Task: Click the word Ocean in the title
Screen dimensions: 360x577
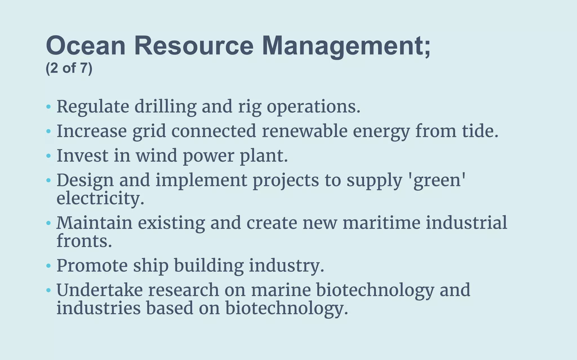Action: coord(86,46)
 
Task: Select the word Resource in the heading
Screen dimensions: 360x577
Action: coord(194,46)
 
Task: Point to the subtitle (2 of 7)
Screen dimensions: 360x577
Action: coord(69,68)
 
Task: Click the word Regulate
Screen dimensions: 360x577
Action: coord(93,107)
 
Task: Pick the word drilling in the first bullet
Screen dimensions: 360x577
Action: coord(165,107)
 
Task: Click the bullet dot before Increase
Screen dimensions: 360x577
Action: coord(48,131)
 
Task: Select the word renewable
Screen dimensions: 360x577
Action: coord(305,131)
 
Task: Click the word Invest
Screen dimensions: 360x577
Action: coord(83,156)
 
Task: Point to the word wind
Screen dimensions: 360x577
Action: coord(156,156)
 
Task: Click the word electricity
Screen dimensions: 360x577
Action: coord(100,199)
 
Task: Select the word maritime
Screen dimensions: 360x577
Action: coord(381,223)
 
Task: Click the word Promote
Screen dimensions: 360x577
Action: coord(92,266)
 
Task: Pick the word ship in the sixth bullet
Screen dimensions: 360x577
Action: coord(151,266)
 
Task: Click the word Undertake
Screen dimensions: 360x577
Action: coord(99,290)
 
